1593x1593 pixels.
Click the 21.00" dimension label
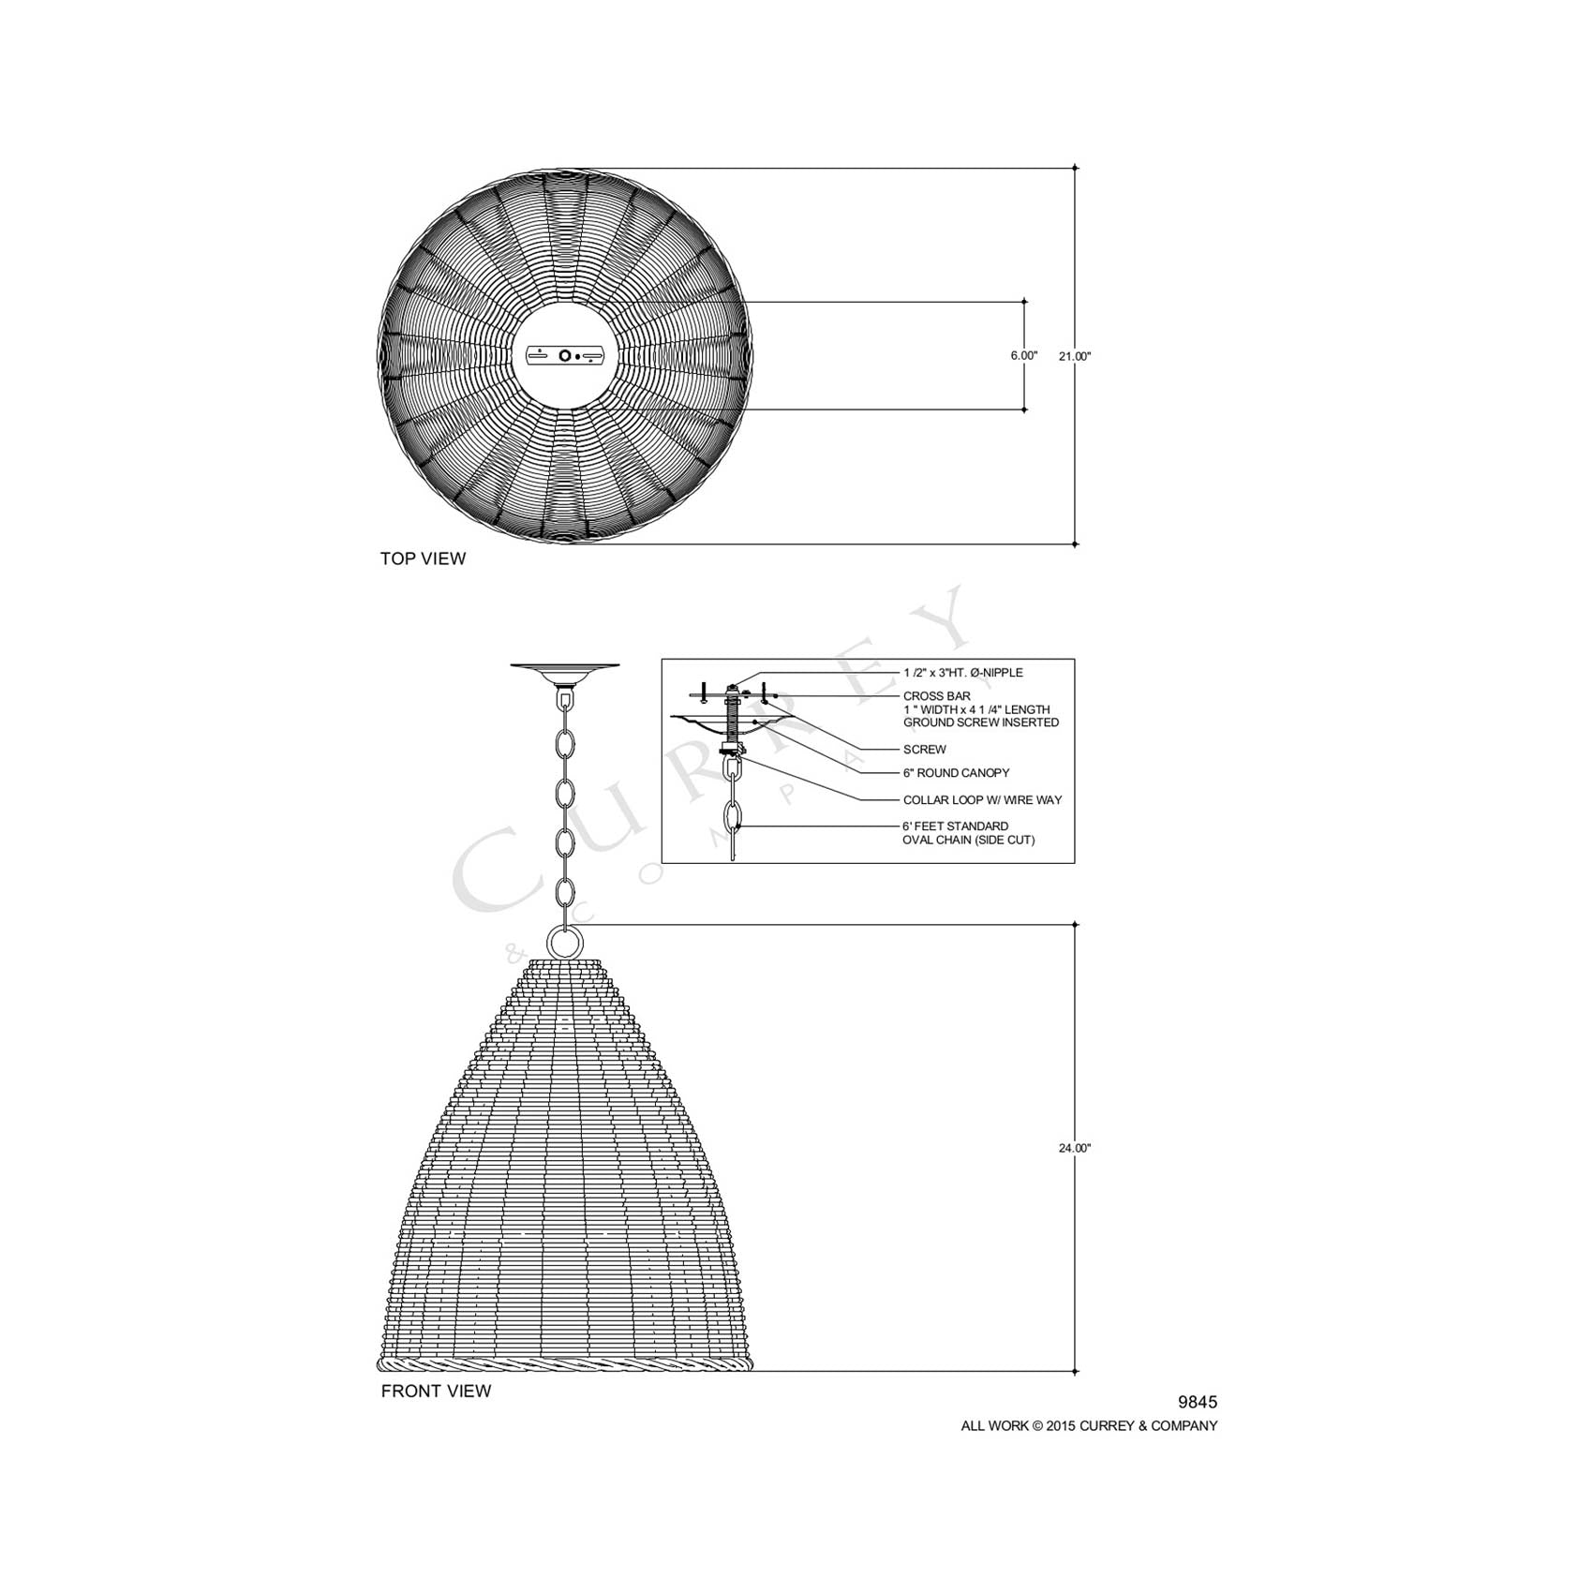(x=1075, y=356)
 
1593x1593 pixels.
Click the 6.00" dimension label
(x=1023, y=356)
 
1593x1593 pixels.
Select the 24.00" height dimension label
(x=1075, y=1148)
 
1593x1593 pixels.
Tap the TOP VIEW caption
(x=423, y=558)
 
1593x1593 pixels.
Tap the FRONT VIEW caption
(x=436, y=1392)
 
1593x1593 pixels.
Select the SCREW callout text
(x=924, y=750)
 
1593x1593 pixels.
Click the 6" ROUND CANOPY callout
(x=956, y=773)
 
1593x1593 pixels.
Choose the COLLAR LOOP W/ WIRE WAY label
(x=982, y=800)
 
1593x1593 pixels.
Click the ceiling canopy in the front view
(x=565, y=671)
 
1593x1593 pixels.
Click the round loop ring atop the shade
(x=565, y=941)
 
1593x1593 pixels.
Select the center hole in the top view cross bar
(x=565, y=355)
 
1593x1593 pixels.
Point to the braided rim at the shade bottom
(x=565, y=1362)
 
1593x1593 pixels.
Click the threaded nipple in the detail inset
(x=733, y=722)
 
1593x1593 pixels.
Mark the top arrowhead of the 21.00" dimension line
(x=1075, y=169)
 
